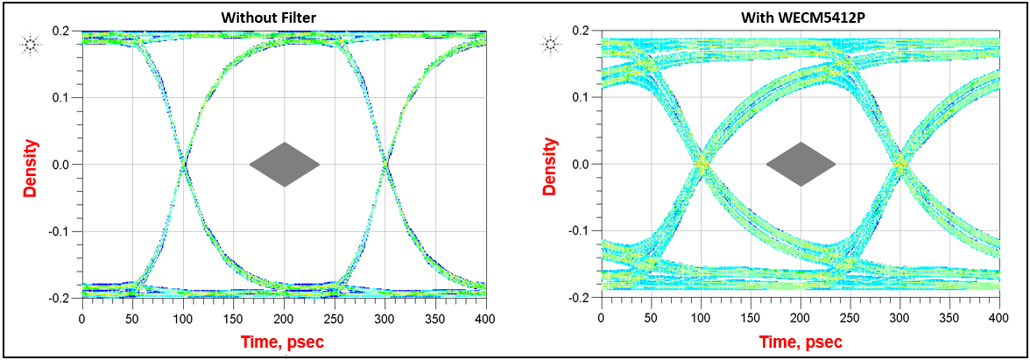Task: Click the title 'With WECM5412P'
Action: tap(794, 17)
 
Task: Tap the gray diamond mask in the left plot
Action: tap(285, 164)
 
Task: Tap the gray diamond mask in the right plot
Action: tap(801, 164)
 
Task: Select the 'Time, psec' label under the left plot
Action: tap(283, 342)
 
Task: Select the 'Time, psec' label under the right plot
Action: tap(801, 342)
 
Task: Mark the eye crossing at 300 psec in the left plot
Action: tap(385, 164)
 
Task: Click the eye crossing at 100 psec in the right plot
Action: tap(701, 164)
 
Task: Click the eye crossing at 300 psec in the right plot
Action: tap(899, 164)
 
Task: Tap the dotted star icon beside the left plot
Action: tap(31, 43)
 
